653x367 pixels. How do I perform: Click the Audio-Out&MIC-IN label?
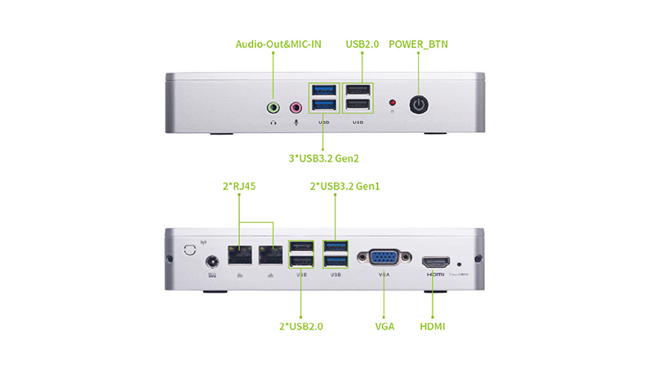278,44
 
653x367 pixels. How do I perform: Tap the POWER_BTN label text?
418,44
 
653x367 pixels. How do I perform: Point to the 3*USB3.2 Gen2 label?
325,157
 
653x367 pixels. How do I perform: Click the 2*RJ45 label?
239,186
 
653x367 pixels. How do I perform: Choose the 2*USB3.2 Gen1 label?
345,186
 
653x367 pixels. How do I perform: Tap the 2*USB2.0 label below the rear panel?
301,326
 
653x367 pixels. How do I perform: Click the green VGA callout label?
384,326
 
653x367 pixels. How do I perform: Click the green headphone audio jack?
274,107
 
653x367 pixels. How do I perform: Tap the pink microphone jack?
295,107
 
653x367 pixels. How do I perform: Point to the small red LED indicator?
393,104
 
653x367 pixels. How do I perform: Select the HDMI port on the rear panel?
435,263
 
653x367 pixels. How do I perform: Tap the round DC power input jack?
215,262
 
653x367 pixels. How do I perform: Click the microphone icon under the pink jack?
295,123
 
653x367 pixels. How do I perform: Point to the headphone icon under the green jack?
274,123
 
